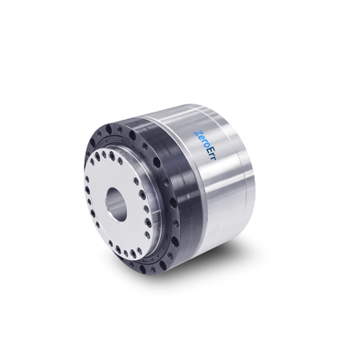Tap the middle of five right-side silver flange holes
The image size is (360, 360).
pyautogui.click(x=146, y=208)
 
